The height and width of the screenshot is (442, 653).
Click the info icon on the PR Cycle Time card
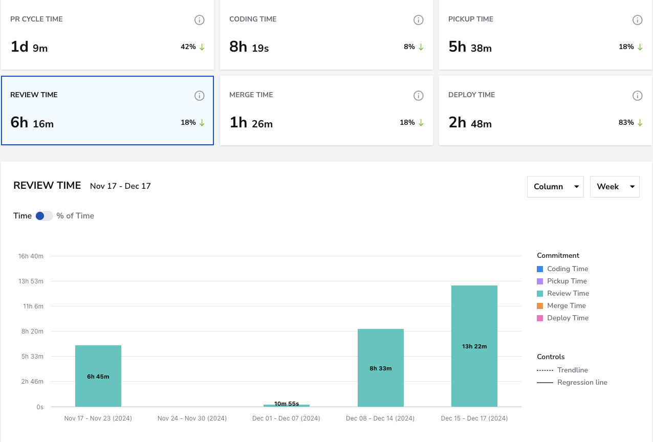click(x=200, y=20)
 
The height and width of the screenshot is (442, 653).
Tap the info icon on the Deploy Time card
click(x=637, y=96)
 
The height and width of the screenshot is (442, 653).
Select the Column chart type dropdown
click(x=555, y=187)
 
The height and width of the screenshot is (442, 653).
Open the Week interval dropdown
click(x=615, y=187)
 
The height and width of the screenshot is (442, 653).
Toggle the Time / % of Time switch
click(x=43, y=216)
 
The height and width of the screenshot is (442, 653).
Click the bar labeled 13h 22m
click(x=474, y=346)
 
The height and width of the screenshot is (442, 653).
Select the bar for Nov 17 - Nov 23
click(x=98, y=376)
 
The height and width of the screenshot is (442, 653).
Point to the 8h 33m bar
click(x=381, y=368)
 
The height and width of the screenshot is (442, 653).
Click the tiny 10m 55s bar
click(x=287, y=406)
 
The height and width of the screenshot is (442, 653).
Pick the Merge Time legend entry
click(x=561, y=305)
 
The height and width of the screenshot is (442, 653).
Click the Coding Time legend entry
click(x=562, y=269)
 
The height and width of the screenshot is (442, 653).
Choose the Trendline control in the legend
click(x=562, y=370)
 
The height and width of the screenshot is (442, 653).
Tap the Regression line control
click(x=572, y=382)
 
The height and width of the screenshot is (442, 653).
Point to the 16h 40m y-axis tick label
click(x=31, y=256)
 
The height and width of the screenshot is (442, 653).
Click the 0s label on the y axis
click(x=40, y=407)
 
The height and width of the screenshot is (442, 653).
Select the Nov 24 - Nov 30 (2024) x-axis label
click(x=192, y=418)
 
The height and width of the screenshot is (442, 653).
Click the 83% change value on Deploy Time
click(x=626, y=122)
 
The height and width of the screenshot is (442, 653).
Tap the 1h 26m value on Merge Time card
click(x=251, y=122)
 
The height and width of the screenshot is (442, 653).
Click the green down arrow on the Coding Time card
click(x=421, y=47)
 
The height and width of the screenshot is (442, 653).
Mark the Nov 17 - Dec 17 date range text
click(x=120, y=186)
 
